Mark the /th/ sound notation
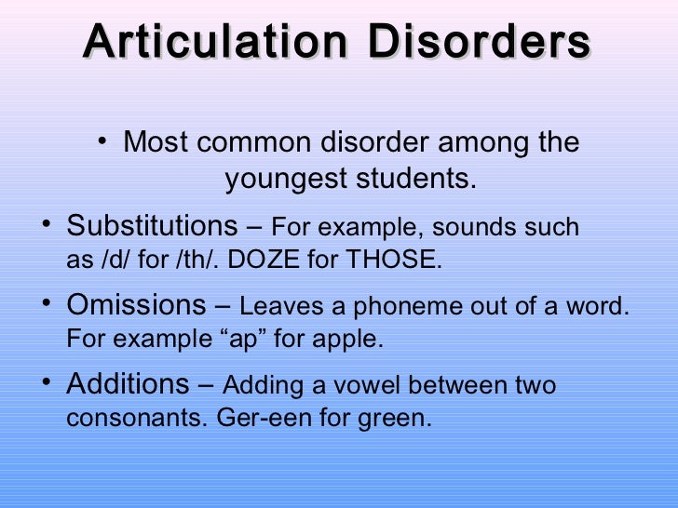click(x=190, y=261)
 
